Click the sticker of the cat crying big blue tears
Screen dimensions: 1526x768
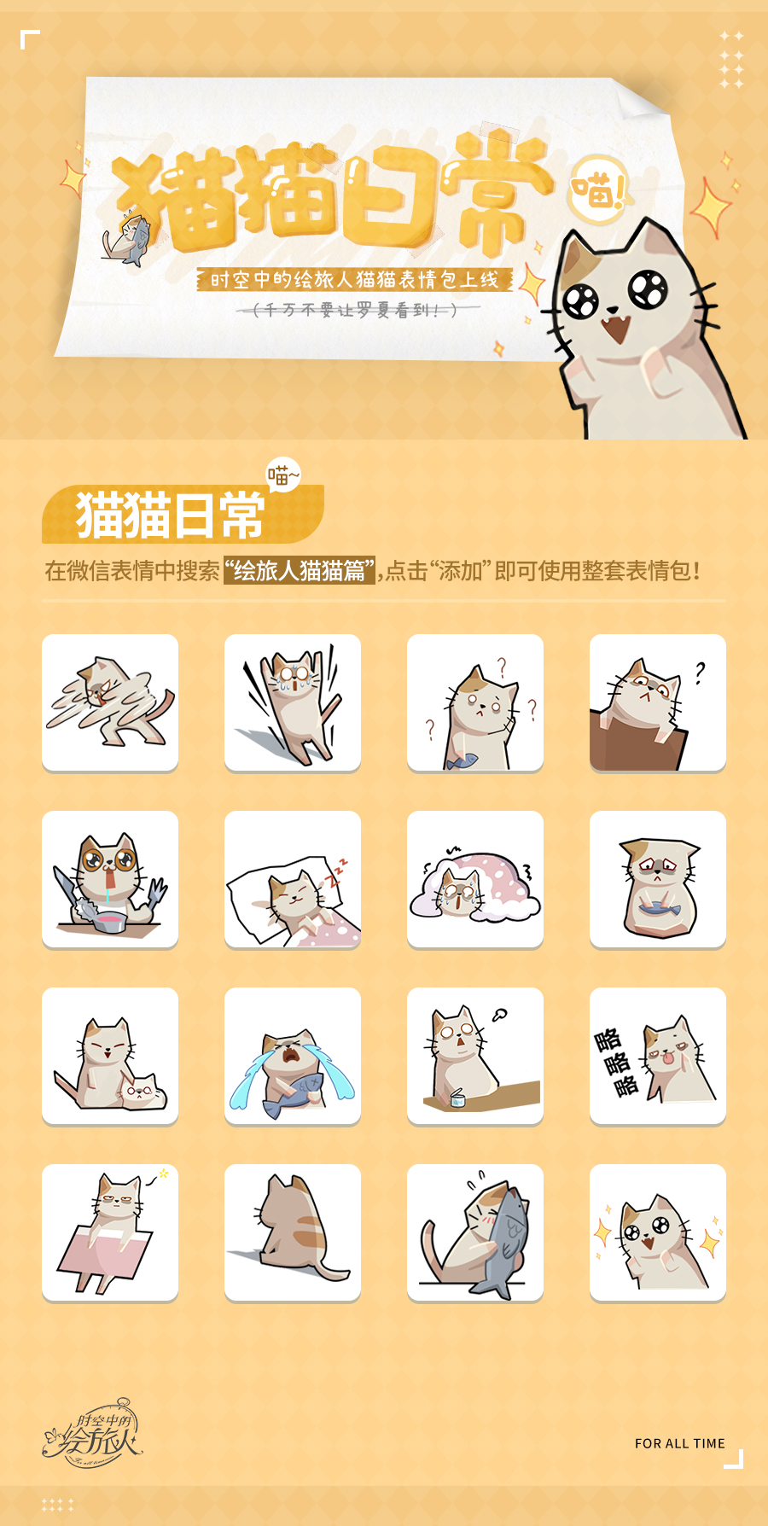[293, 1056]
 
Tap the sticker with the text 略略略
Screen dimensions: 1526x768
[658, 1056]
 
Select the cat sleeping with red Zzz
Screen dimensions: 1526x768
[293, 879]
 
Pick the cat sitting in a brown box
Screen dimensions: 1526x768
[658, 702]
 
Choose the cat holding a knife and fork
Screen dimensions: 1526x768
[110, 879]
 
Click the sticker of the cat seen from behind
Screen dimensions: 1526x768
[293, 1232]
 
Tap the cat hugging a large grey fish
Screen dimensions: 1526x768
[475, 1232]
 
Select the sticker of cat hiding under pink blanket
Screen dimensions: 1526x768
[475, 879]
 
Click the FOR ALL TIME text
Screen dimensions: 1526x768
[679, 1443]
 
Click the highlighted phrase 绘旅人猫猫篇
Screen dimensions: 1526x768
[299, 571]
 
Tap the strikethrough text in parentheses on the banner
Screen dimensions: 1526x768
[358, 310]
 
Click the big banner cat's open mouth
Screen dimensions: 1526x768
[616, 329]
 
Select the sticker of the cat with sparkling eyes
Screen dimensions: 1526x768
[658, 1232]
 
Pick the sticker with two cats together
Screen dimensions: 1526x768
[110, 1056]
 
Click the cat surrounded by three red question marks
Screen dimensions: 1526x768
[475, 702]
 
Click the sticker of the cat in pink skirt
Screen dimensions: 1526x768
[110, 1232]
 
